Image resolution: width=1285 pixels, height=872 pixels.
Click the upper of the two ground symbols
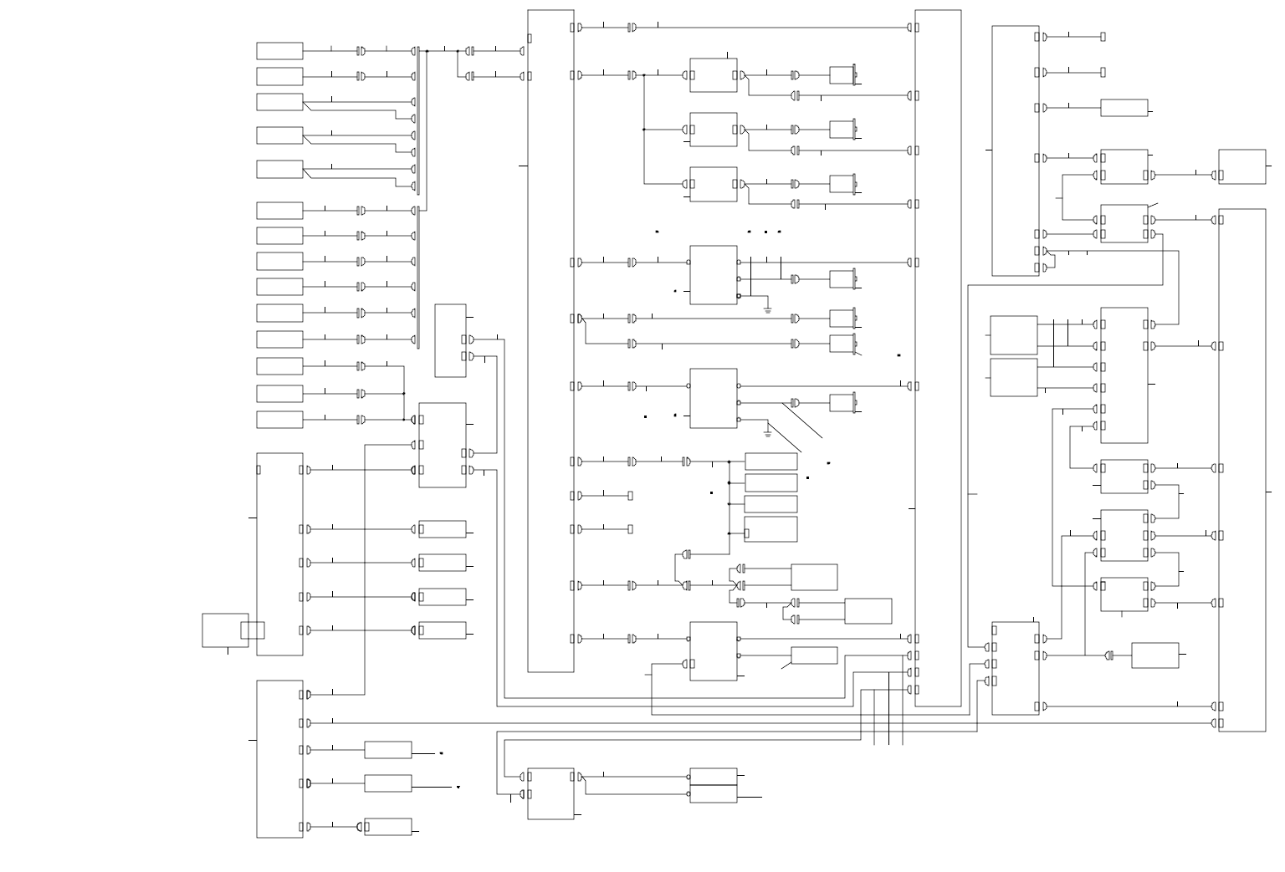coord(767,310)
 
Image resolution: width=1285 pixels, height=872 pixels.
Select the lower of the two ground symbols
coord(767,434)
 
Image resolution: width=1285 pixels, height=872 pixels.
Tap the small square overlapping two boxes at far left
coord(253,630)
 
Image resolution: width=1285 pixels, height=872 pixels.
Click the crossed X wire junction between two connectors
coord(737,585)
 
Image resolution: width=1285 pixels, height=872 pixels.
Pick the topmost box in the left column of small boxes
coord(279,51)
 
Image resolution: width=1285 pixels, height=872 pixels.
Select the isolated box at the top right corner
coord(1241,166)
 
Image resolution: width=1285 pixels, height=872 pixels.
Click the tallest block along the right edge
coord(1241,470)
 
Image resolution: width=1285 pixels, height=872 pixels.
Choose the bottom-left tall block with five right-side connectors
coord(279,758)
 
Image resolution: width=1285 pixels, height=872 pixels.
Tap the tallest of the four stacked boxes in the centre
coord(770,529)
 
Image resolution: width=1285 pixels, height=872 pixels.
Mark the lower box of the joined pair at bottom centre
coord(713,793)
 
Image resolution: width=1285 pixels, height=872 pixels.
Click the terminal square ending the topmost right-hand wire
coord(1103,37)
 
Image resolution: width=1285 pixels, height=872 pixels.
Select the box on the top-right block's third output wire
coord(1124,108)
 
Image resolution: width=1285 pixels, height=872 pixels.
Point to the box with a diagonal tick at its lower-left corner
coord(814,655)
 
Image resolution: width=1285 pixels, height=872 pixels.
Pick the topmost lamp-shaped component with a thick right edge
coord(842,75)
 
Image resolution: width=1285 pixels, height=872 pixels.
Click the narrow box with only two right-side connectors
coord(450,340)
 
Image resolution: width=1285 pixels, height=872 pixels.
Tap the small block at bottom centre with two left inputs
coord(550,793)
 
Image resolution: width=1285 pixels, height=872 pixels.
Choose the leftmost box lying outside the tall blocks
coord(225,630)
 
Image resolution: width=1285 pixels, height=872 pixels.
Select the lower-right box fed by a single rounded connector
coord(1154,655)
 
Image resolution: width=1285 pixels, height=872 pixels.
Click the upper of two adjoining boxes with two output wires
coord(1013,335)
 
